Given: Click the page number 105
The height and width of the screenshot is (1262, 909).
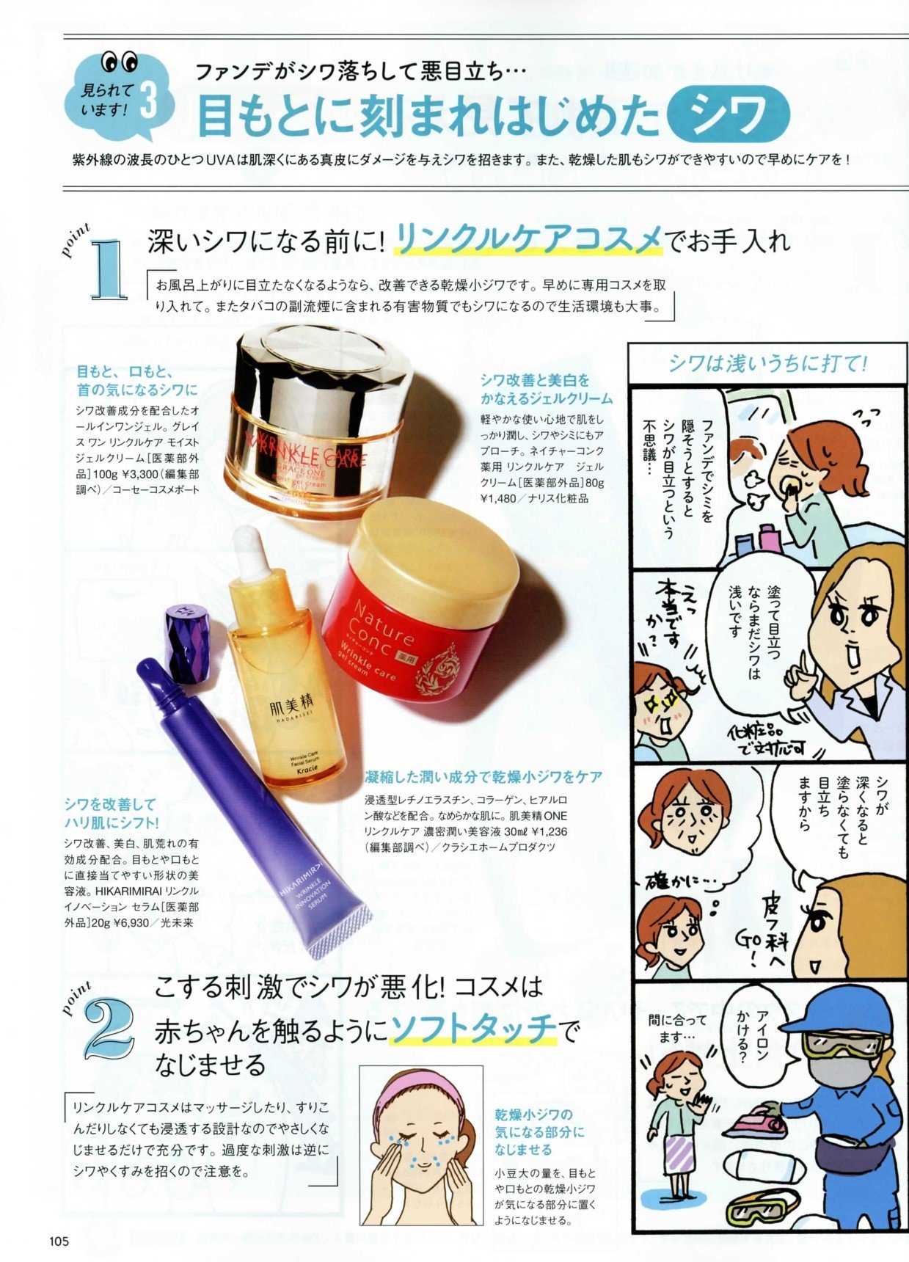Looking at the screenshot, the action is (x=59, y=1241).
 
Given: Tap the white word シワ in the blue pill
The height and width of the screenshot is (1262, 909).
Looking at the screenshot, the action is (x=729, y=114).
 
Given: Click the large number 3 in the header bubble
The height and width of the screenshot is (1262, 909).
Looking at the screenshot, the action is (x=147, y=100).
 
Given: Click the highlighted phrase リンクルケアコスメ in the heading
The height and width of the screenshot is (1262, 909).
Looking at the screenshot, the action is (x=528, y=241).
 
